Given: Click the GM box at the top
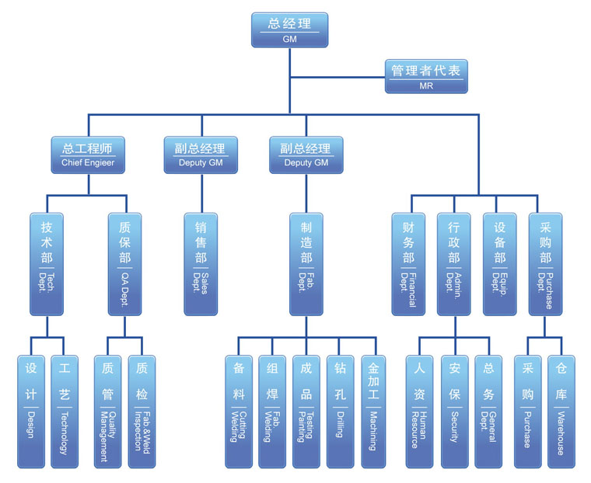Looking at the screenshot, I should click(289, 30).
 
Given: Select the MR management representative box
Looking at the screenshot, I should click(426, 77).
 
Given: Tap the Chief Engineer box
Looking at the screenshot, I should click(88, 155).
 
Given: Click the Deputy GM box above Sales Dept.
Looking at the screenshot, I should click(201, 155).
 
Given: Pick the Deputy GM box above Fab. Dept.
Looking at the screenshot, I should click(306, 155).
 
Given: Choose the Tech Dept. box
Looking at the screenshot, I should click(47, 264).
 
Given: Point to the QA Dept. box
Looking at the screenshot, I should click(124, 264).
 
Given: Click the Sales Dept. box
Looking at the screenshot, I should click(201, 264).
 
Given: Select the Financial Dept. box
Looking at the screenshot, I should click(408, 264).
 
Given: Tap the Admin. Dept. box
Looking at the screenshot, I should click(453, 264).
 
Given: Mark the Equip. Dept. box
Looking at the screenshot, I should click(499, 264).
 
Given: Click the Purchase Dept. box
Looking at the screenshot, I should click(544, 264).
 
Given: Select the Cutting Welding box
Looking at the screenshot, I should click(239, 412).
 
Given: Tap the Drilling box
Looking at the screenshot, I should click(340, 412).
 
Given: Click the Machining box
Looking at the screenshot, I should click(374, 412).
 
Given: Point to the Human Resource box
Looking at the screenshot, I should click(419, 412).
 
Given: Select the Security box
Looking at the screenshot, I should click(454, 412).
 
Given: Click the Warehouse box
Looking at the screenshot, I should click(561, 412).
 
